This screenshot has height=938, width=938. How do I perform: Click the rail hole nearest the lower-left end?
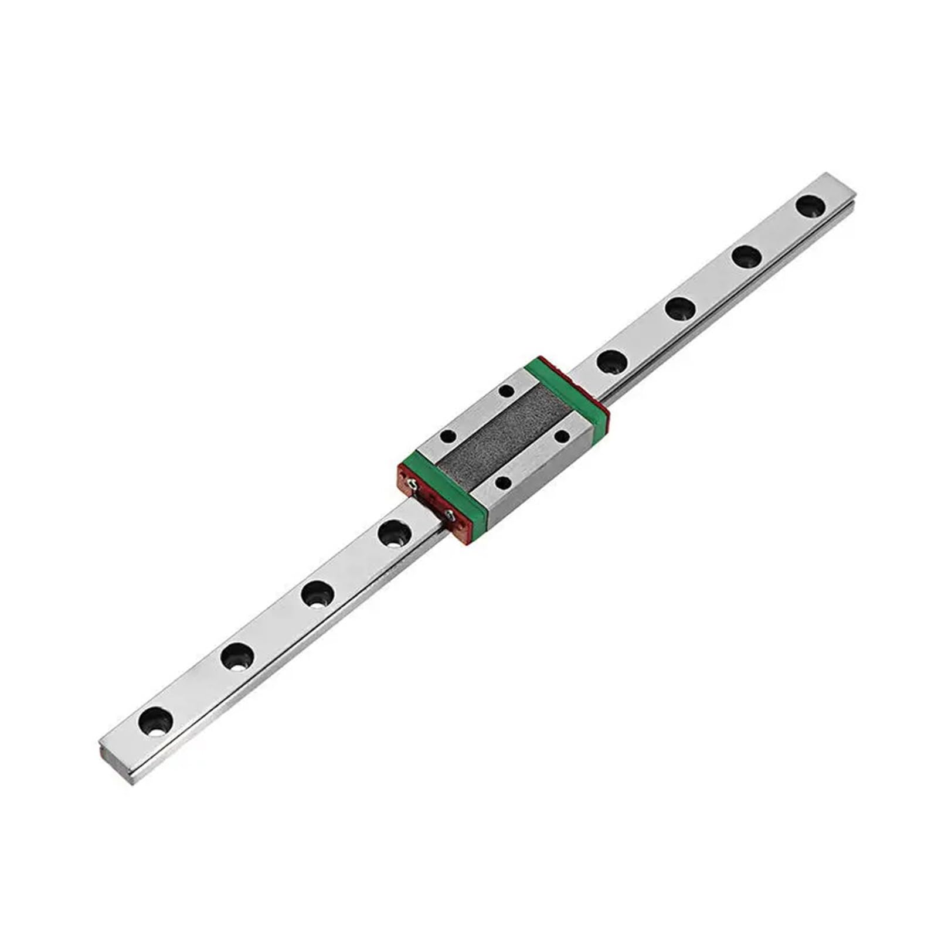point(155,720)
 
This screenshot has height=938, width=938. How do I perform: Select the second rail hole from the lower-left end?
point(237,656)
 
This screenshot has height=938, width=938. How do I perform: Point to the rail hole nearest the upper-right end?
point(810,206)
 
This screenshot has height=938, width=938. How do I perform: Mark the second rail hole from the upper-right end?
point(746,256)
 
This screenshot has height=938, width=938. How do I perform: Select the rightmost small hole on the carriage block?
point(562,436)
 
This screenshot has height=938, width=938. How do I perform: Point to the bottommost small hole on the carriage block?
point(503,482)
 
